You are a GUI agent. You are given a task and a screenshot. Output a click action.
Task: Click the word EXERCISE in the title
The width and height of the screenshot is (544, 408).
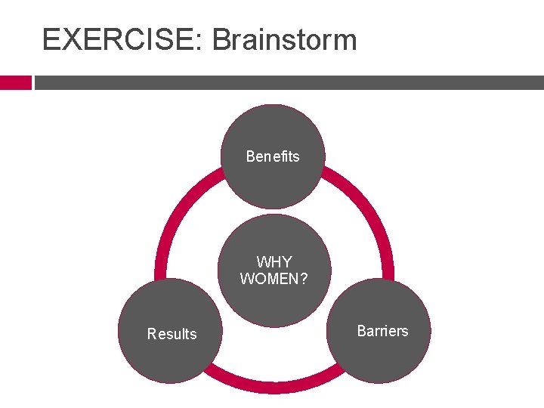pyautogui.click(x=118, y=39)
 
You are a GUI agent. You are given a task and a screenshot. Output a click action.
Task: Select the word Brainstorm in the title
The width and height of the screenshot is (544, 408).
pyautogui.click(x=284, y=39)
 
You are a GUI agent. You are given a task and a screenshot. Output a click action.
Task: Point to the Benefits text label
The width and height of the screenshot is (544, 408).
pyautogui.click(x=273, y=156)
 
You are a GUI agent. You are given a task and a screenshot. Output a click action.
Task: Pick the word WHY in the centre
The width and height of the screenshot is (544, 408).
pyautogui.click(x=274, y=262)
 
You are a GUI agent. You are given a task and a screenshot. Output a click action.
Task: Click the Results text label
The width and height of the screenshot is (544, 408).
pyautogui.click(x=172, y=334)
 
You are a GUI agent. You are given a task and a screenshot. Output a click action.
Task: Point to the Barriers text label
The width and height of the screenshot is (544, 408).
pyautogui.click(x=382, y=331)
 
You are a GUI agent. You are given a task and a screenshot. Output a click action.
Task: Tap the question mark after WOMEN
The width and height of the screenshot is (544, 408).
pyautogui.click(x=303, y=279)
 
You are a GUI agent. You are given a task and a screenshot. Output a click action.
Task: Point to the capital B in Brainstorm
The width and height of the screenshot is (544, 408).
pyautogui.click(x=222, y=39)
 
